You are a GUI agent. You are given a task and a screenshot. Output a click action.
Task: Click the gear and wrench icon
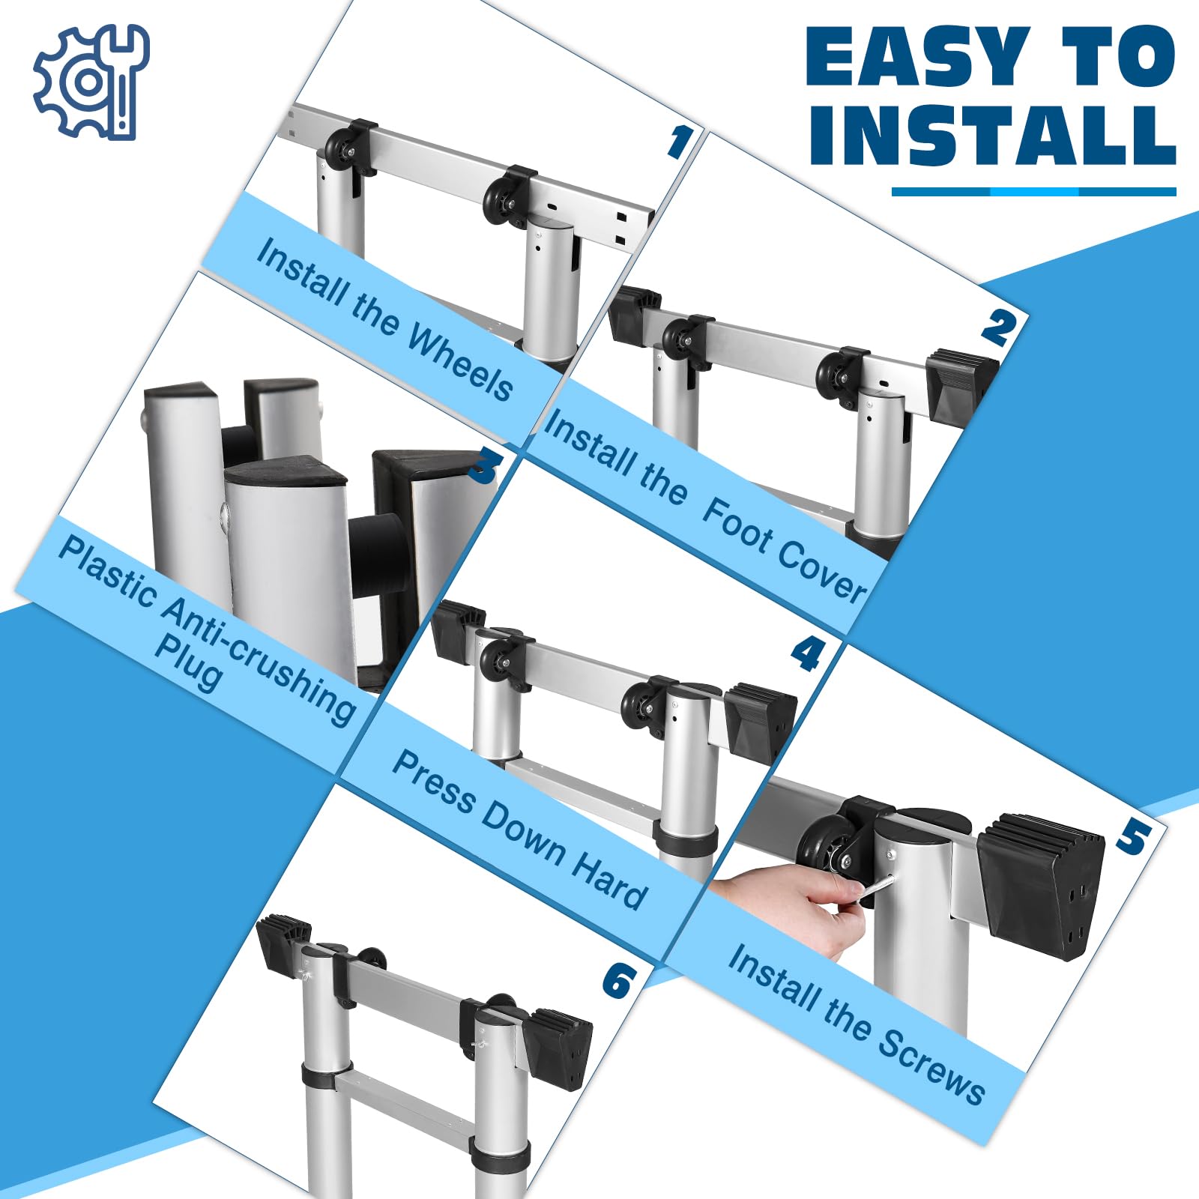91,82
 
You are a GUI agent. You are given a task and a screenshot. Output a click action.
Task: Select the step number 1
680,142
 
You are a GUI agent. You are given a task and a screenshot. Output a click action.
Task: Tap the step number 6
620,981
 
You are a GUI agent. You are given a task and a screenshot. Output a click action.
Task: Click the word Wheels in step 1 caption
460,364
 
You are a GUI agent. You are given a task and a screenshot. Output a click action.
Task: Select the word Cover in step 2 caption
821,570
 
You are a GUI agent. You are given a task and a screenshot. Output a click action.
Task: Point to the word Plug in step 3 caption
188,662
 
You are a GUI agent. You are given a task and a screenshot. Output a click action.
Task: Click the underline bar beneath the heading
1034,192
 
